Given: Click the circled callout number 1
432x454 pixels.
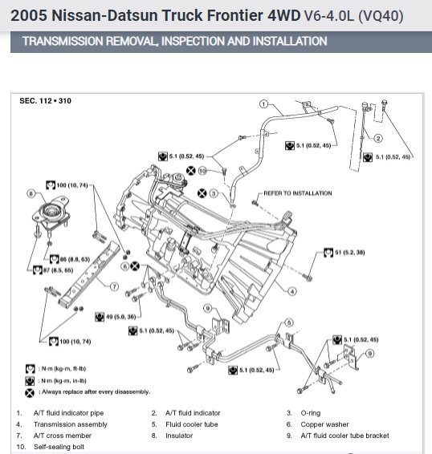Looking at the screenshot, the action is tap(263, 104).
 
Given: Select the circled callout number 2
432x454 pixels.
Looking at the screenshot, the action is tap(378, 139).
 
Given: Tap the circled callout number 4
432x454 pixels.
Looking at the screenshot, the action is tap(292, 291).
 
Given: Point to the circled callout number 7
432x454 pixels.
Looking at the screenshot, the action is tap(115, 286).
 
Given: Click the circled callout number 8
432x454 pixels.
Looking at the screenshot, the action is tap(31, 193).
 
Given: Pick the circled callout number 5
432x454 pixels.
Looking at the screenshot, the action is tap(289, 322).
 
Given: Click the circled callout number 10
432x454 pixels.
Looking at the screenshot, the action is tap(202, 171).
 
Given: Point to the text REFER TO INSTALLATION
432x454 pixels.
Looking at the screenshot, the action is tap(298, 193).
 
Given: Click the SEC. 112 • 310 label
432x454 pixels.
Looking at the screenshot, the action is tap(45, 101).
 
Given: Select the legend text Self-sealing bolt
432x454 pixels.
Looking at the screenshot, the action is tap(59, 447).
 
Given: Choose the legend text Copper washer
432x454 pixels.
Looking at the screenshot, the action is tap(324, 424).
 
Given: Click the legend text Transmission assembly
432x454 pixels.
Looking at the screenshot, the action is tap(71, 424).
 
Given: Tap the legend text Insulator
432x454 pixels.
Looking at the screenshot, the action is tap(179, 436).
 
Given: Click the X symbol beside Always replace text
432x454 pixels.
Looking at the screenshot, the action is tap(30, 393).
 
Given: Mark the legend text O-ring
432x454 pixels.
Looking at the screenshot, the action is tap(311, 413).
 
